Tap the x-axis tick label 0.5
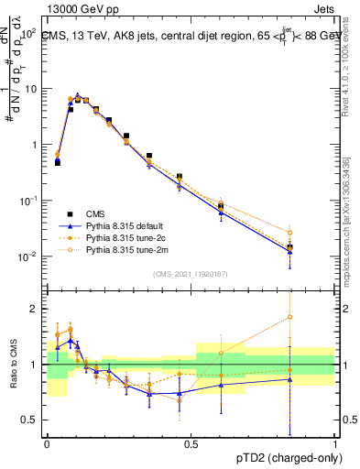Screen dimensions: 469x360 pyautogui.click(x=191, y=443)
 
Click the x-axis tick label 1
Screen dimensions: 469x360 pyautogui.click(x=334, y=443)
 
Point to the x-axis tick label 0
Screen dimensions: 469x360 pyautogui.click(x=47, y=443)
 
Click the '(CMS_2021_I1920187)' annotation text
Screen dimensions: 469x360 pyautogui.click(x=191, y=272)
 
